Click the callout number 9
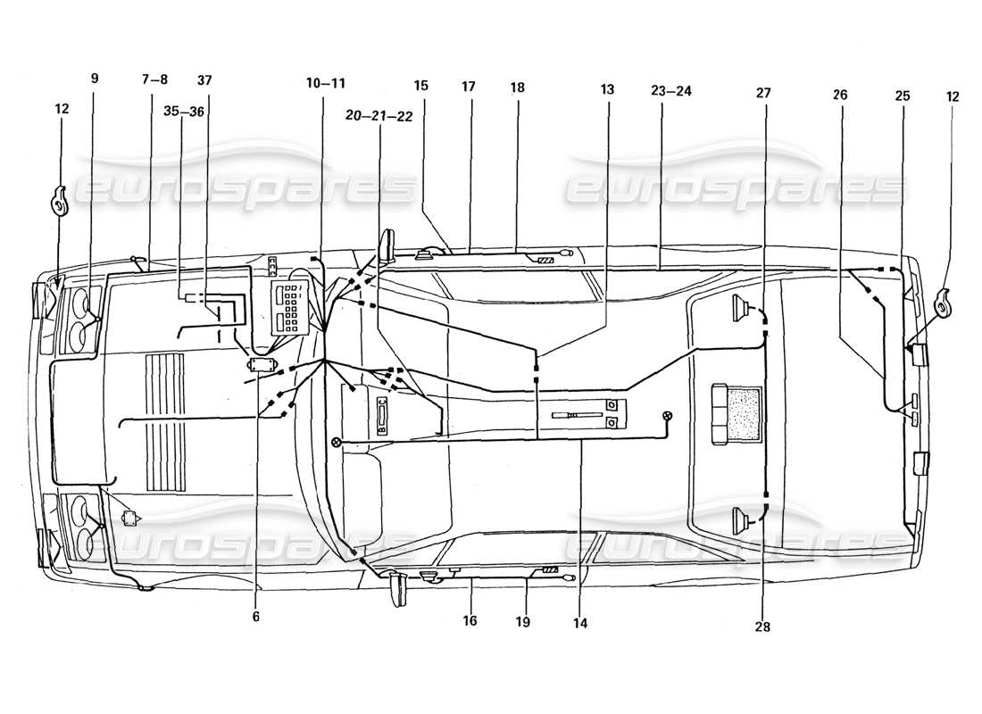click(95, 78)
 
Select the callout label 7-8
click(154, 79)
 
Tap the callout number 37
click(204, 79)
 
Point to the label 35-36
click(183, 112)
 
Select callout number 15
click(420, 86)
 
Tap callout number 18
click(518, 87)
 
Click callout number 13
click(607, 89)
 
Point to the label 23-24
click(671, 90)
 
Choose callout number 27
click(762, 92)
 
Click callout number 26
click(840, 95)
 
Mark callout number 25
click(903, 95)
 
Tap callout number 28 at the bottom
click(762, 627)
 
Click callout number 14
click(580, 623)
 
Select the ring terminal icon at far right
click(945, 303)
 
